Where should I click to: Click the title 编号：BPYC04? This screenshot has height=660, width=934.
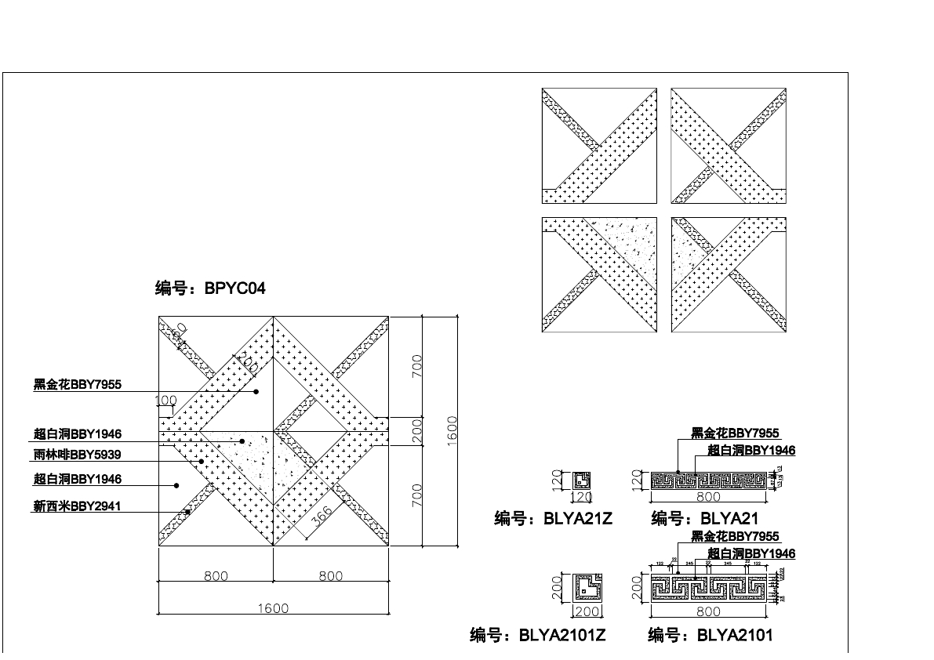(210, 288)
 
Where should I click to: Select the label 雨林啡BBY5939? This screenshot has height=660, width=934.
(77, 455)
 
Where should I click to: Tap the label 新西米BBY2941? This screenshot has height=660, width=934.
(77, 506)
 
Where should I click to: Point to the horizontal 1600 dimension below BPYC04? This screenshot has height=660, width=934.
(273, 607)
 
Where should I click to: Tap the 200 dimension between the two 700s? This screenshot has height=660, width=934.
(417, 430)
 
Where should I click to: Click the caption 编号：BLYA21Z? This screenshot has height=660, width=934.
(553, 519)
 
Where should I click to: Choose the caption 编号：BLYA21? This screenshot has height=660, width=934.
(705, 519)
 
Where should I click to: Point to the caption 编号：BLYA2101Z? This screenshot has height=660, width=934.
(538, 635)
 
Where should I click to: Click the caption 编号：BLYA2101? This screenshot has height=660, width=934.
(710, 635)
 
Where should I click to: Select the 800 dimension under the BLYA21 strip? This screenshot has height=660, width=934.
(708, 496)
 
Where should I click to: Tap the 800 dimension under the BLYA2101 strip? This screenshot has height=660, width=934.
(708, 611)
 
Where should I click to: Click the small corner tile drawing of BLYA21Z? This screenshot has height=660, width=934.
(581, 480)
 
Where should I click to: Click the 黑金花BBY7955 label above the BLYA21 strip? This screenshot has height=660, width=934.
(735, 433)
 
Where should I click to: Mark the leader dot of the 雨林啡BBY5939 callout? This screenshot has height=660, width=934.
(202, 461)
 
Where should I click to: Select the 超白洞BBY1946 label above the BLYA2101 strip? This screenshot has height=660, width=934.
(751, 554)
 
